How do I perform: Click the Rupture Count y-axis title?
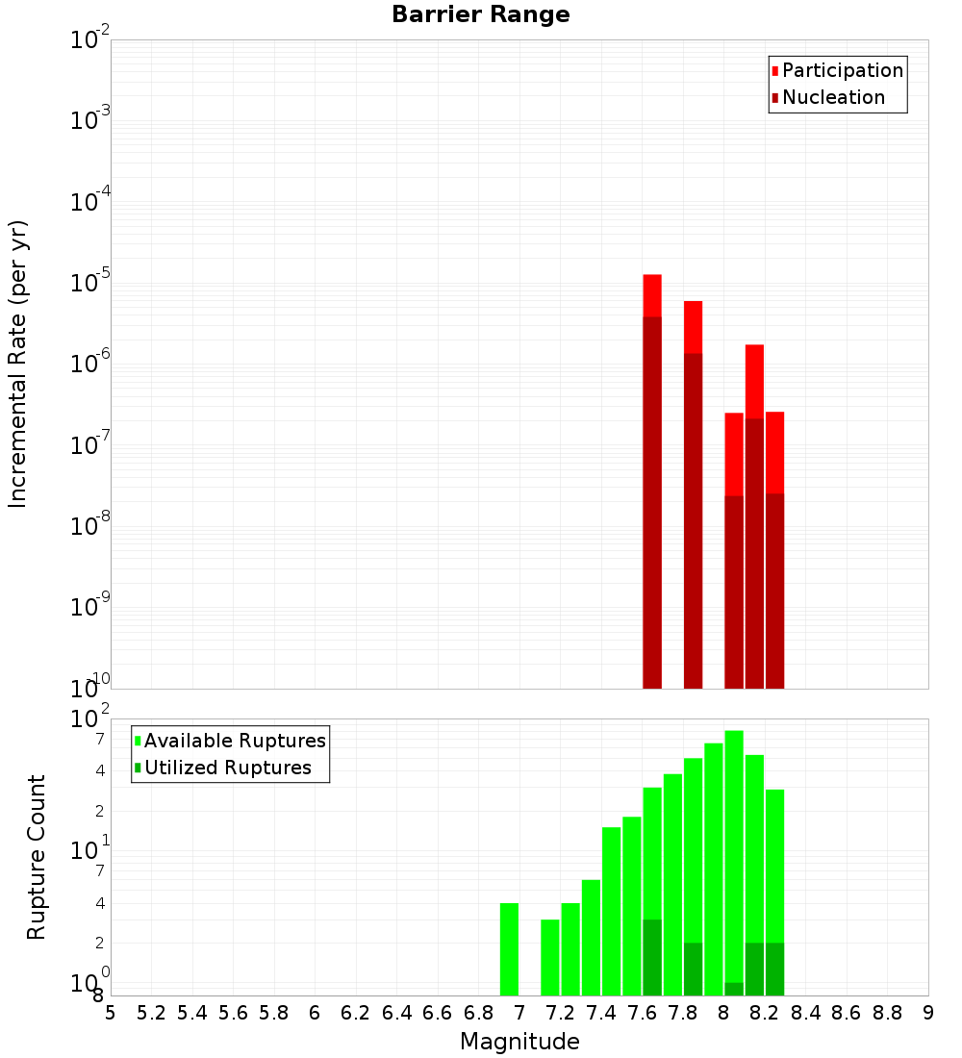click(37, 856)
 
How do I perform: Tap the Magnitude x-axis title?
click(519, 1042)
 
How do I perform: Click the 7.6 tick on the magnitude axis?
click(642, 1012)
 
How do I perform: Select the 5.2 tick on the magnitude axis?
click(152, 1012)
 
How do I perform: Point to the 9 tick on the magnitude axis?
click(928, 1012)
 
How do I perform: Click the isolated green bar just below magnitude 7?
click(509, 948)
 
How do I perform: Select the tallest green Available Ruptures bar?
click(734, 856)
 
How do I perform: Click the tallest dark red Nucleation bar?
click(652, 500)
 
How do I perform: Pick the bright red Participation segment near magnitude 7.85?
click(694, 327)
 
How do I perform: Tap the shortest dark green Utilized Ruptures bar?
click(734, 989)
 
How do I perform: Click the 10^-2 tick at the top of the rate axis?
click(89, 40)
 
